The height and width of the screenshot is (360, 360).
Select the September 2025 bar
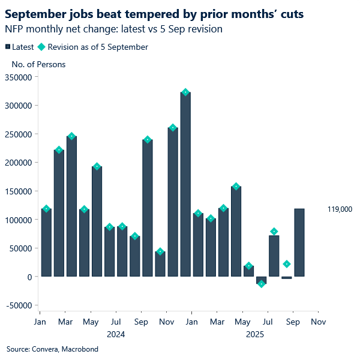[x=299, y=242]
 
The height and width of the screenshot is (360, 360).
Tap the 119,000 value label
[x=340, y=209]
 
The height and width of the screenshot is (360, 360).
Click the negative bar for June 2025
[x=262, y=280]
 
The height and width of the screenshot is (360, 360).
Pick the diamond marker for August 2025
[x=287, y=264]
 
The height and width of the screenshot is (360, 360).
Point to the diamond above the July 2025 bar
[x=274, y=232]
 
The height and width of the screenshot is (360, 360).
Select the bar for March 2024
[x=71, y=206]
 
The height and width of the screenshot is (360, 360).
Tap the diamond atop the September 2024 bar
[x=148, y=140]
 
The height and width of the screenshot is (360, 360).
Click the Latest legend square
[x=7, y=47]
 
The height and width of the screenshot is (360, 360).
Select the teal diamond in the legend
[x=41, y=47]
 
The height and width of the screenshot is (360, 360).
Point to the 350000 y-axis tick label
[x=19, y=77]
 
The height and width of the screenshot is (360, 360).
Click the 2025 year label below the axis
[x=255, y=333]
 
